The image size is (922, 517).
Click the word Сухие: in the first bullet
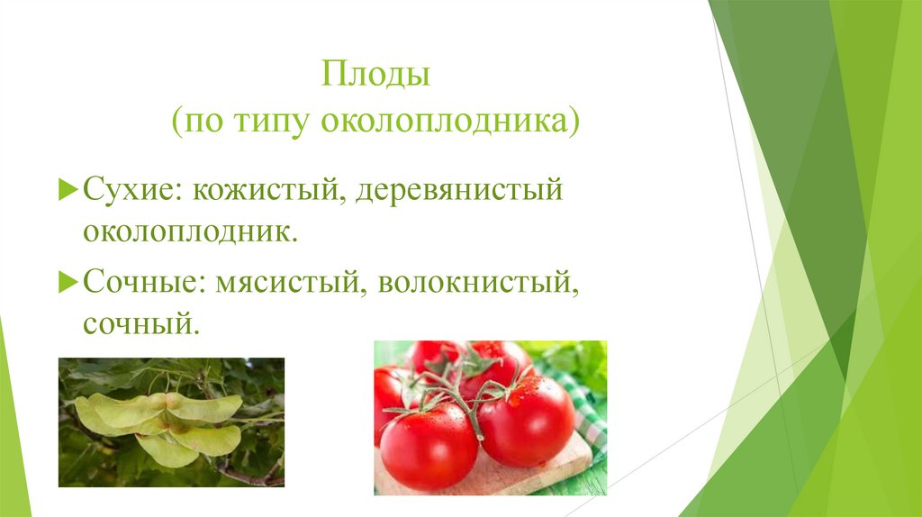pyautogui.click(x=130, y=191)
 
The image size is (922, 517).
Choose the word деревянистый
pyautogui.click(x=459, y=191)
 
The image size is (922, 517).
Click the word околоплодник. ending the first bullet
pyautogui.click(x=190, y=231)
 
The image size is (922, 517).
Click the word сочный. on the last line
pyautogui.click(x=140, y=322)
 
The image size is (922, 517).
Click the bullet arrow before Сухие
pyautogui.click(x=70, y=191)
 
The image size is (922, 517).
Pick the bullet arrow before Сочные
pyautogui.click(x=70, y=282)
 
